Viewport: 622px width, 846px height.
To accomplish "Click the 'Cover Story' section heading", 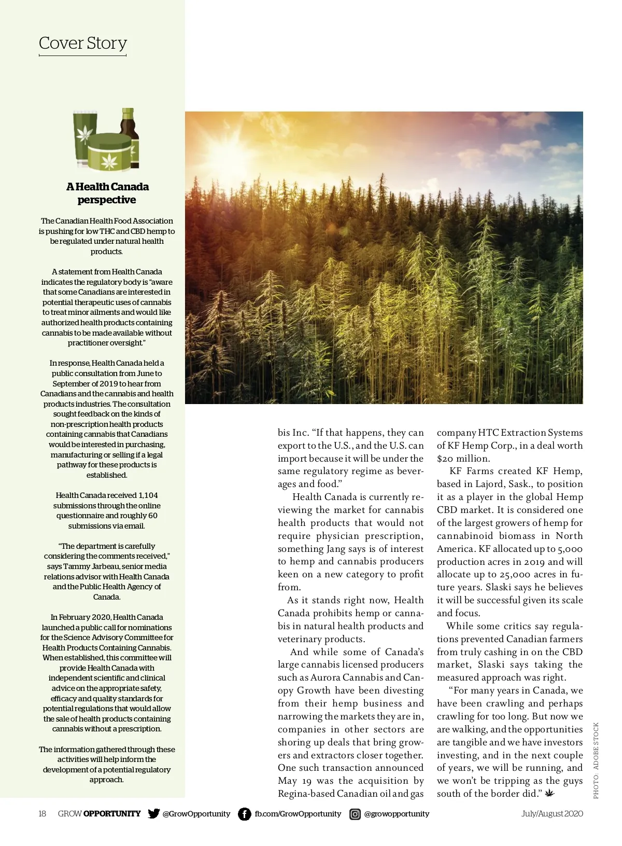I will click(x=83, y=43).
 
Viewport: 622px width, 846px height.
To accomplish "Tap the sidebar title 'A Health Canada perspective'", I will click(x=107, y=193).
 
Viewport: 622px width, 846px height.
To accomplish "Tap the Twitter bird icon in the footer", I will click(x=153, y=813).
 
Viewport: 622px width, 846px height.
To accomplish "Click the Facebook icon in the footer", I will click(x=244, y=814).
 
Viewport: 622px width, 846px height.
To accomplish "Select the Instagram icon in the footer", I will click(x=355, y=814).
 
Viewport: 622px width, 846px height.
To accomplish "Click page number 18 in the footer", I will click(x=43, y=813).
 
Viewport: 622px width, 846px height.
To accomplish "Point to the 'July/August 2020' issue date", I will click(x=552, y=813).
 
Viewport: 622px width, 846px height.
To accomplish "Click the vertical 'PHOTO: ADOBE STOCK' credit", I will click(x=596, y=760).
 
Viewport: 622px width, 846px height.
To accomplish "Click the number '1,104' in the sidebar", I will click(x=148, y=495).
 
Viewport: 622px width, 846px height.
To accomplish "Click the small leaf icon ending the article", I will click(x=550, y=793).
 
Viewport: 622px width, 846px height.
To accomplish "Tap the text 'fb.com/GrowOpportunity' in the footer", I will click(x=298, y=814).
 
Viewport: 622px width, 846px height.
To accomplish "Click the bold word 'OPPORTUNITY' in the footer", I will click(x=112, y=813).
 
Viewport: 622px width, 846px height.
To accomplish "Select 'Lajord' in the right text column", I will click(x=493, y=484).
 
